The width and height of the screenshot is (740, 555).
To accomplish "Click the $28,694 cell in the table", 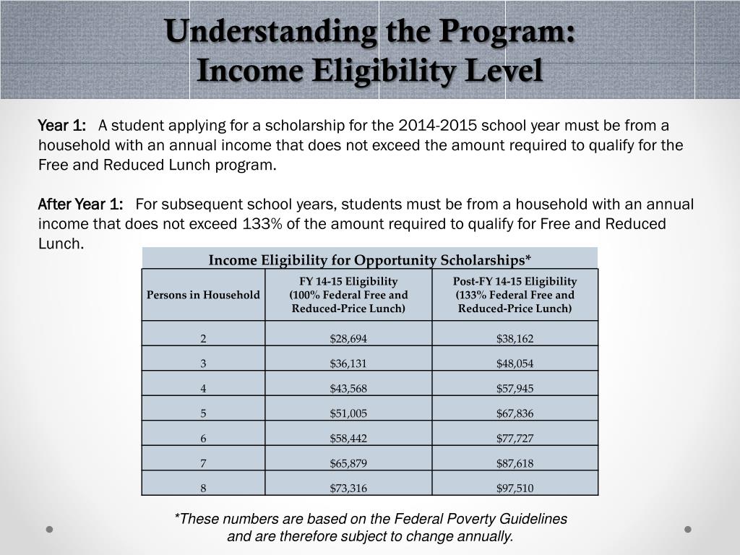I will click(348, 338).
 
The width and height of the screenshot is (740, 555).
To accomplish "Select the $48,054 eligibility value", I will click(515, 363).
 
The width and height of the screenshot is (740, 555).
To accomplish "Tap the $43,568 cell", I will click(348, 389).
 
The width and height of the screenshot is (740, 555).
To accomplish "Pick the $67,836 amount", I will click(515, 413).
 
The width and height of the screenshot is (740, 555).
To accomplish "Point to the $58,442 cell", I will click(348, 439).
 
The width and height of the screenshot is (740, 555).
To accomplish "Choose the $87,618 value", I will click(515, 463).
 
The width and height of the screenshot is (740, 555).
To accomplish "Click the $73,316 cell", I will click(348, 489).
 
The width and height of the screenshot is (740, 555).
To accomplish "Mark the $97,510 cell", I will click(515, 489).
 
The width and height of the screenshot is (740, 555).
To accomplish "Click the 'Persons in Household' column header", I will click(203, 295).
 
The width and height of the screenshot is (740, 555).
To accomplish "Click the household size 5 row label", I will click(204, 413).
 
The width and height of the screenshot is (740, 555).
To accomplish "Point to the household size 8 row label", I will click(204, 489).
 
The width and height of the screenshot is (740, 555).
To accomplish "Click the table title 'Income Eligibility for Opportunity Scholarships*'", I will click(370, 259).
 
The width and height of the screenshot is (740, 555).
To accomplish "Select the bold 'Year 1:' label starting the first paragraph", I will click(61, 125).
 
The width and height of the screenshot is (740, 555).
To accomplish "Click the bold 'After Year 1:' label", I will click(80, 204).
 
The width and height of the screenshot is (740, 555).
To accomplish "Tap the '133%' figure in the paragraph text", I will click(256, 224).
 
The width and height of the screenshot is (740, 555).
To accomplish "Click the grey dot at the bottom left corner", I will click(51, 529).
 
